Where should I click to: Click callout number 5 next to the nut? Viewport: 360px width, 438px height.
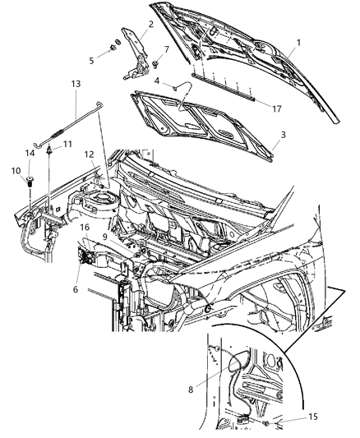(x=92, y=59)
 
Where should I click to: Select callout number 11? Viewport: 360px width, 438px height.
(x=68, y=144)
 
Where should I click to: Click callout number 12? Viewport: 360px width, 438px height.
(x=88, y=154)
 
